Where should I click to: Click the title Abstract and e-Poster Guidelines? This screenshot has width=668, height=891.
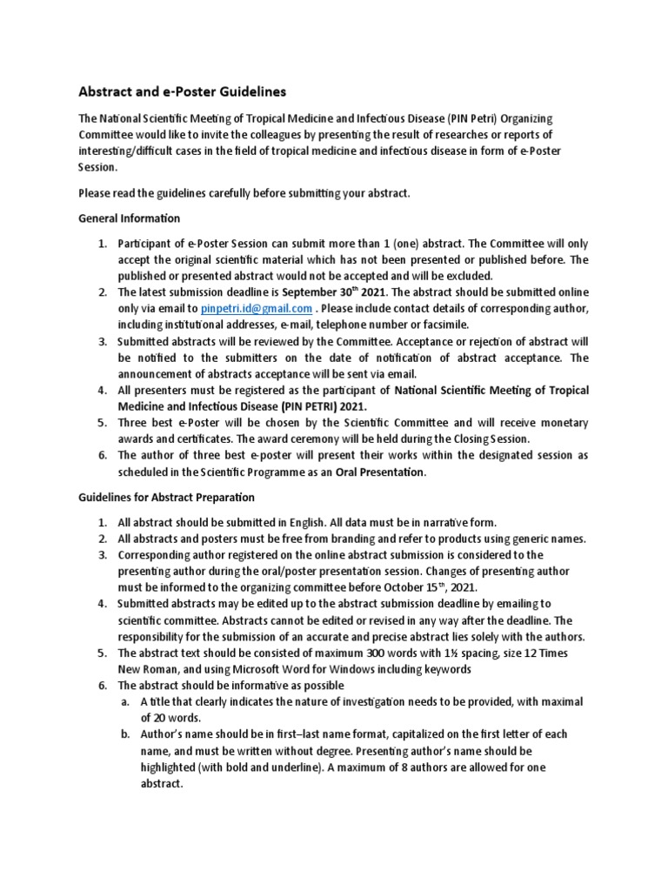[x=182, y=90]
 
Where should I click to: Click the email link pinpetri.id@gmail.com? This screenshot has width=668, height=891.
[x=256, y=308]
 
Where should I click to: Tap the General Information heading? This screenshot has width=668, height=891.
[x=129, y=218]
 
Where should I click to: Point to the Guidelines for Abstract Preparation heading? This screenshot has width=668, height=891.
[x=166, y=497]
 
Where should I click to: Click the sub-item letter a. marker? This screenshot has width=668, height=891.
[x=125, y=701]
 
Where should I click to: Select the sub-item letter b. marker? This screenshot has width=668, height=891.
[x=125, y=734]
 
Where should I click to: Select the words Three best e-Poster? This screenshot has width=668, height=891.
[x=164, y=422]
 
